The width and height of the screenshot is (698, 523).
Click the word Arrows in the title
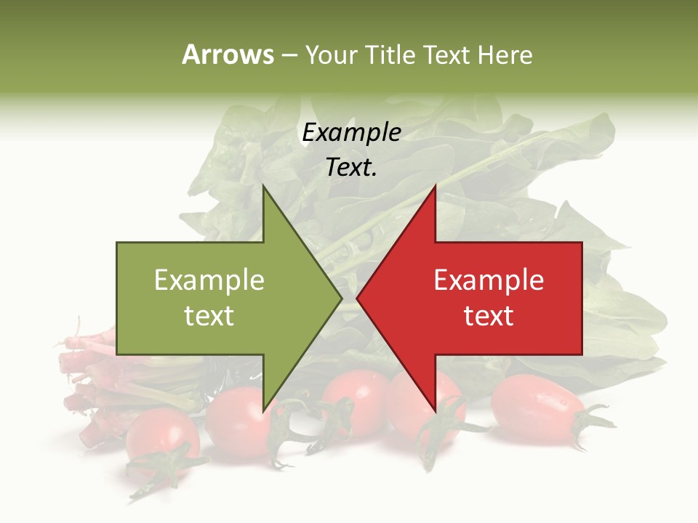pyautogui.click(x=228, y=54)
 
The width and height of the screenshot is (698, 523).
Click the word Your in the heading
pyautogui.click(x=332, y=54)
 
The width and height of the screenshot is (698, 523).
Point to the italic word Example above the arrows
pyautogui.click(x=351, y=132)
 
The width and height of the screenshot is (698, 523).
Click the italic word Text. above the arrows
pyautogui.click(x=351, y=168)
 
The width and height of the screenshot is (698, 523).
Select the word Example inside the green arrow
pyautogui.click(x=209, y=280)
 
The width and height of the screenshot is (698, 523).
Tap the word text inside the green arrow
pyautogui.click(x=209, y=316)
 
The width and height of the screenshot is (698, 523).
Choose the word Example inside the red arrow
pyautogui.click(x=489, y=280)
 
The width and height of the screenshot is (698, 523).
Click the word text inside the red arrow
pyautogui.click(x=489, y=316)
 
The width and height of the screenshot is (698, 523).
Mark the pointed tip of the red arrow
pyautogui.click(x=358, y=298)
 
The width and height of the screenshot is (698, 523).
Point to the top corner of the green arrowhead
pyautogui.click(x=264, y=186)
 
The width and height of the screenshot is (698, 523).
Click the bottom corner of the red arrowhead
pyautogui.click(x=435, y=411)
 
